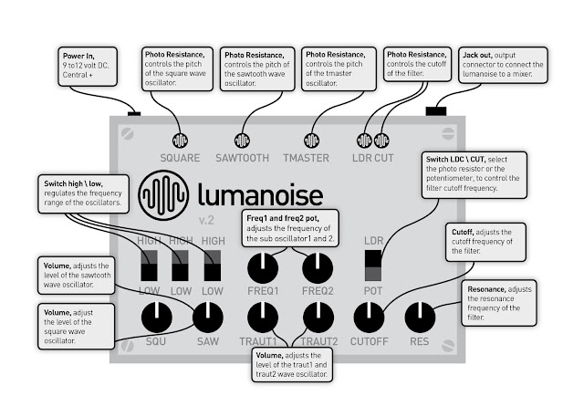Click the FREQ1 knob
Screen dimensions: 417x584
(263, 267)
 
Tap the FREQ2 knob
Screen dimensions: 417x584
(318, 267)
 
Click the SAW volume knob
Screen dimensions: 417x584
(209, 318)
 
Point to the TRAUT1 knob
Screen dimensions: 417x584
(265, 318)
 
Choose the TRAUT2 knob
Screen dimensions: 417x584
(318, 318)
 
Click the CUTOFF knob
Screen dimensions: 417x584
(369, 318)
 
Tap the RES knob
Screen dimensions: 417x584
(420, 318)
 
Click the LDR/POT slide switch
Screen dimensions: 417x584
(372, 265)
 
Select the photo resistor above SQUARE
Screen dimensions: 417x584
(180, 141)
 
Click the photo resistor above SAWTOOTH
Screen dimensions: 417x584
(242, 141)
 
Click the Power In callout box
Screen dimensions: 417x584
(89, 66)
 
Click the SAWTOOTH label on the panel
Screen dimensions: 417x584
(242, 158)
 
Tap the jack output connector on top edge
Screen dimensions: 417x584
(436, 111)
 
